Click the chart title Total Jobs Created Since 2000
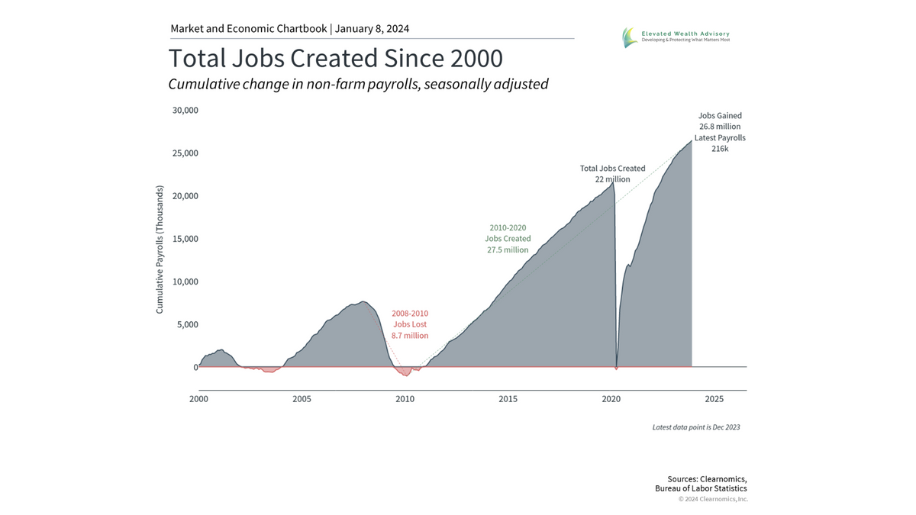point(335,59)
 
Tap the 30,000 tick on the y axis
point(186,110)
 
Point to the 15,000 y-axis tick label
point(186,239)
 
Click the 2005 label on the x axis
point(302,399)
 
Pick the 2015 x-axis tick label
point(508,399)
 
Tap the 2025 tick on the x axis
point(714,399)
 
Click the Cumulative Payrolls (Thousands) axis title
point(160,248)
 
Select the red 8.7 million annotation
point(410,336)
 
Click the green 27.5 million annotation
point(508,249)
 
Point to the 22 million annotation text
point(612,179)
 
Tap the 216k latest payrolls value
point(720,149)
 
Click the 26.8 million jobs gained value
point(720,127)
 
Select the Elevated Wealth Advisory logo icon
point(629,37)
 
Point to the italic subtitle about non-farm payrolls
point(358,84)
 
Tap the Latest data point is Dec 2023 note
point(696,427)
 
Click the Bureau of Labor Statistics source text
point(701,488)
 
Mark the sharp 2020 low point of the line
point(616,369)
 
